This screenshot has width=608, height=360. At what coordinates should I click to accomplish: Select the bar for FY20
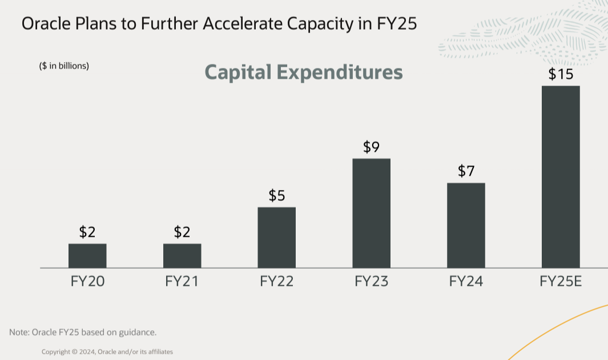[x=87, y=256]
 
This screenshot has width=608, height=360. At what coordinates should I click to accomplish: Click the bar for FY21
[x=182, y=256]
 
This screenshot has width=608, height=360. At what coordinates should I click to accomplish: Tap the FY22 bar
[x=277, y=237]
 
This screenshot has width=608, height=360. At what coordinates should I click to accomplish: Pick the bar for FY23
[x=372, y=213]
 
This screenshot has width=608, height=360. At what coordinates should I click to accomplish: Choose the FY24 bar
[x=466, y=225]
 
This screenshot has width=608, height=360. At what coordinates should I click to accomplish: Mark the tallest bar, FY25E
[x=561, y=177]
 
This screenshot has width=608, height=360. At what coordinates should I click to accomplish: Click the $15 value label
[x=561, y=74]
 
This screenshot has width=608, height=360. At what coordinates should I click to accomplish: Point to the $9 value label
[x=372, y=147]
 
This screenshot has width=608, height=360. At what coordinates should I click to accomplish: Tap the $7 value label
[x=466, y=171]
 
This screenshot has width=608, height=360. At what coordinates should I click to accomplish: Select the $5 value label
[x=277, y=196]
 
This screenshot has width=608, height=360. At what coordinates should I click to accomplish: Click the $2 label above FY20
[x=87, y=232]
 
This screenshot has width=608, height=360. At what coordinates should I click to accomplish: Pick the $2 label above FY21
[x=182, y=232]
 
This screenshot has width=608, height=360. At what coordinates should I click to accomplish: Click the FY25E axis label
[x=561, y=281]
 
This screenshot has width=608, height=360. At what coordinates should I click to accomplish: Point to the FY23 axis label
[x=372, y=281]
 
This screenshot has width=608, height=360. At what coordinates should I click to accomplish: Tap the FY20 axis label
[x=87, y=281]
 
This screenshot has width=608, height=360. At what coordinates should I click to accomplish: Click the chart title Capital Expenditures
[x=303, y=72]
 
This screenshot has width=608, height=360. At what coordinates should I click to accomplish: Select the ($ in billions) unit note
[x=64, y=66]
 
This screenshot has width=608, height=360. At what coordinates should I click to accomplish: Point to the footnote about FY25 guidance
[x=83, y=332]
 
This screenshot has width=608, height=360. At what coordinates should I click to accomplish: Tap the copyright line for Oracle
[x=107, y=352]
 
